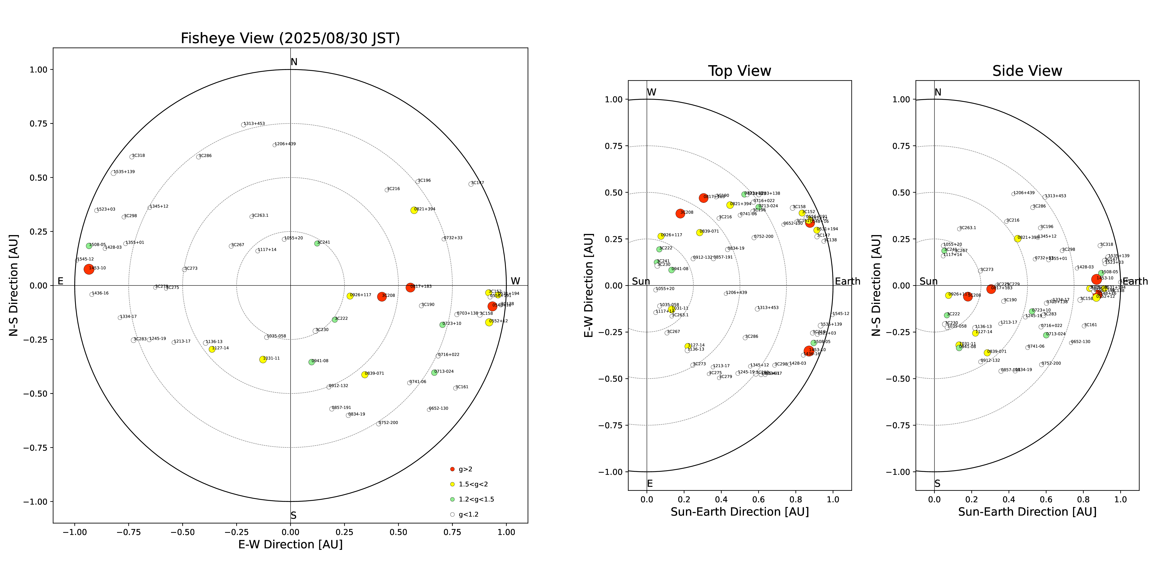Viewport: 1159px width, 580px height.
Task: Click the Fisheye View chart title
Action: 290,38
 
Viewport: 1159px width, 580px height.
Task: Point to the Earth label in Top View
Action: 847,281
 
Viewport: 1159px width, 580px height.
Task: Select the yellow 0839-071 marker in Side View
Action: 987,353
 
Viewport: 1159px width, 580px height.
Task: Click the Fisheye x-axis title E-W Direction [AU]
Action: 290,544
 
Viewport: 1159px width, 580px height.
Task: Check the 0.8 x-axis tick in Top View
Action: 795,499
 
